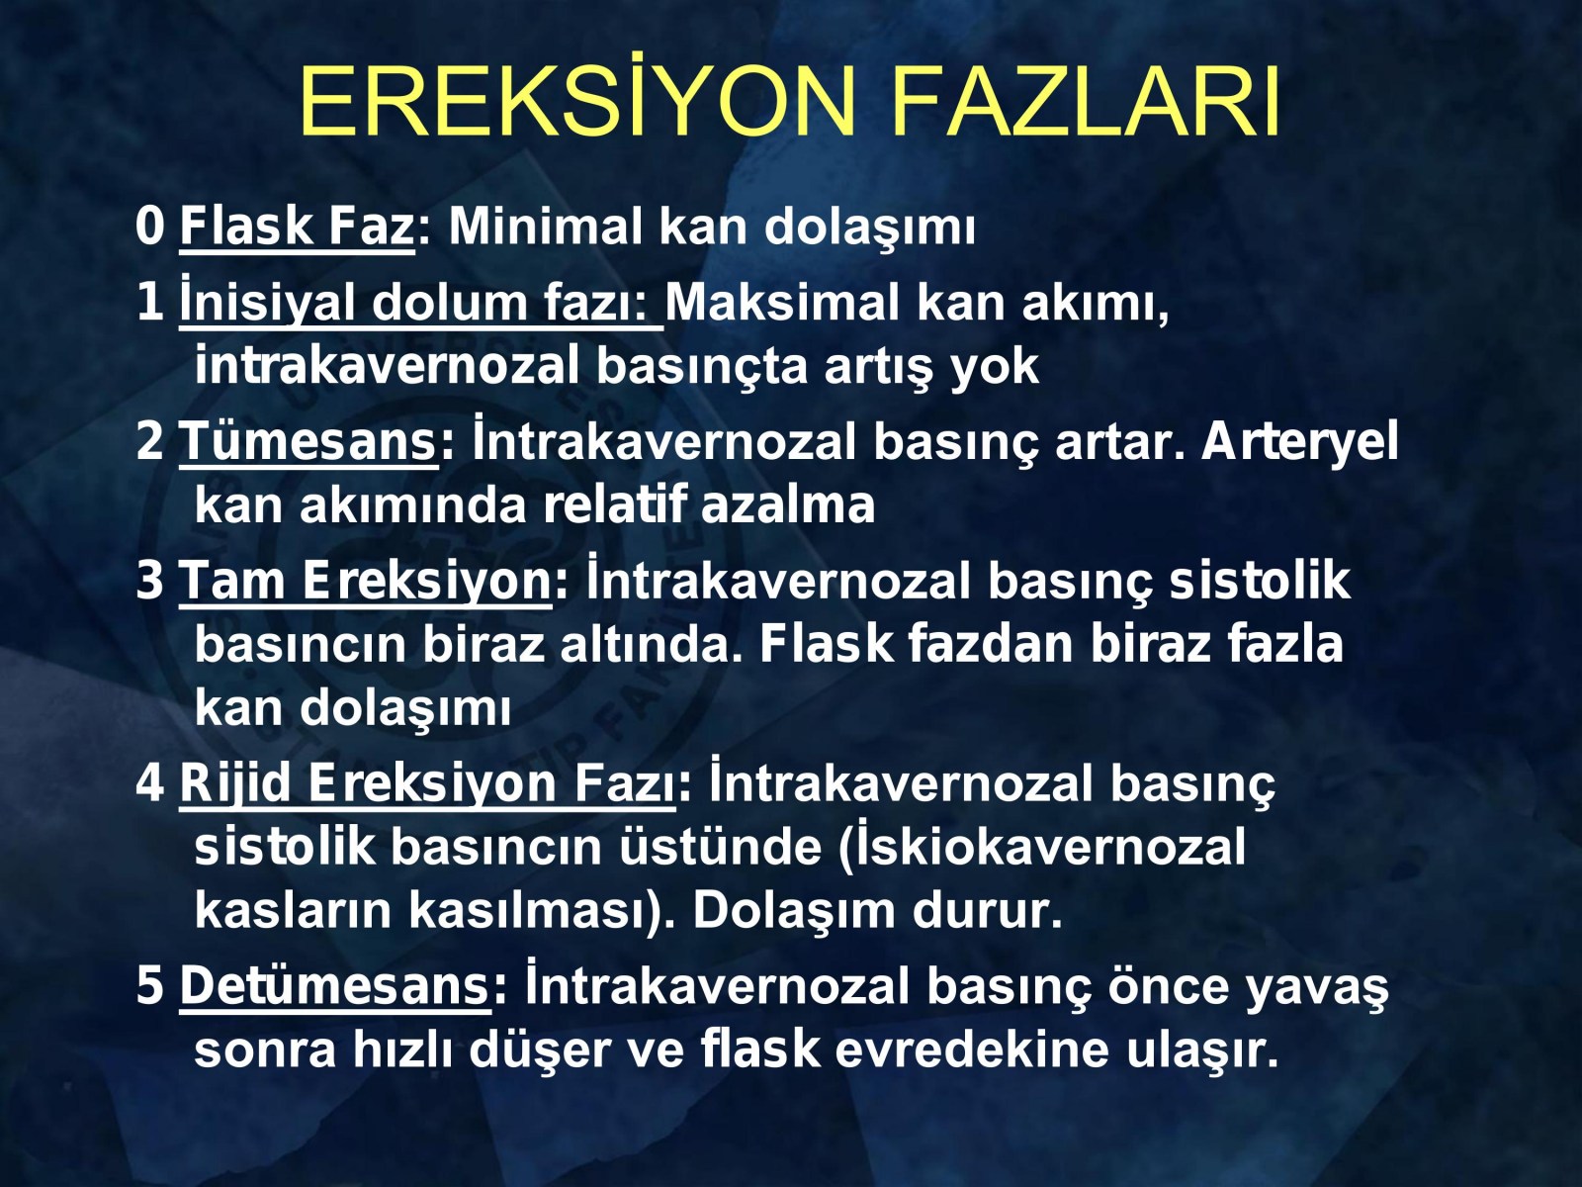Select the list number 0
(x=150, y=227)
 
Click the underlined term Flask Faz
(x=298, y=228)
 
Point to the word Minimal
(x=545, y=227)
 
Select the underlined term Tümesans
(x=308, y=441)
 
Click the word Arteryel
(x=1299, y=441)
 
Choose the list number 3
(x=150, y=581)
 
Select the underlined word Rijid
(x=235, y=784)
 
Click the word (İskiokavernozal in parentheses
(x=1041, y=847)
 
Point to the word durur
(x=987, y=911)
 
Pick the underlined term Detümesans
(x=335, y=986)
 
